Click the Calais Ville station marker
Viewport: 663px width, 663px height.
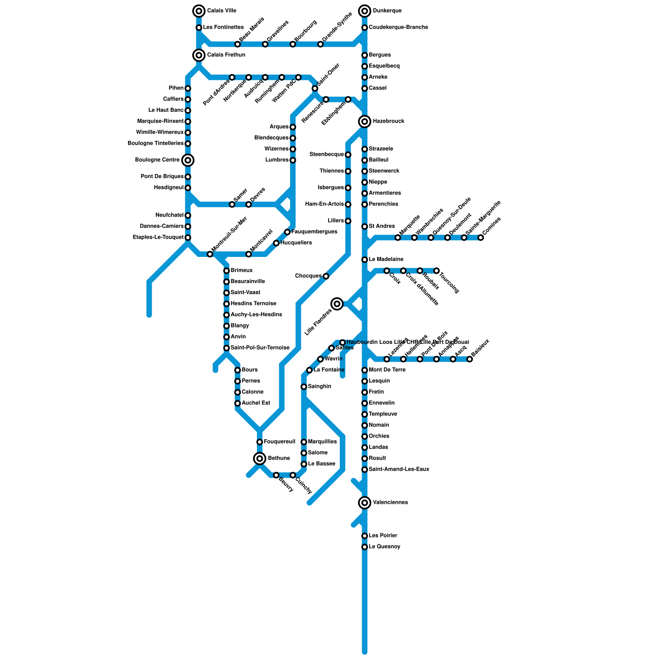(x=199, y=11)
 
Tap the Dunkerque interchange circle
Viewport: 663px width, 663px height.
(x=365, y=11)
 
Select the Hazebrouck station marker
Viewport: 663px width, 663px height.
(x=365, y=121)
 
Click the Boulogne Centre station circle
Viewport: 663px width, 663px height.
(x=188, y=160)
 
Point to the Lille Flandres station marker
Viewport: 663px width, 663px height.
(x=337, y=304)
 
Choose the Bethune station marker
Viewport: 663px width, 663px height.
(x=260, y=458)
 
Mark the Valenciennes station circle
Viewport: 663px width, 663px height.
(x=365, y=503)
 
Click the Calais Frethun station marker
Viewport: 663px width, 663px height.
(x=199, y=55)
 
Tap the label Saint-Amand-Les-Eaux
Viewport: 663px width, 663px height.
(x=399, y=469)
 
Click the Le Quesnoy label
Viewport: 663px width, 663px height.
(x=384, y=547)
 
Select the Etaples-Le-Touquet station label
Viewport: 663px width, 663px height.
(x=158, y=237)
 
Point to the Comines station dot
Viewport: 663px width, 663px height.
(x=481, y=237)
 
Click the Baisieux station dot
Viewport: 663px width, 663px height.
(x=469, y=359)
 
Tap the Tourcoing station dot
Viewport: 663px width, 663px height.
(x=436, y=271)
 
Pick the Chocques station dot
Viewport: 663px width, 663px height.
(x=326, y=276)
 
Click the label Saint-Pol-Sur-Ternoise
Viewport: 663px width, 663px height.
(x=259, y=348)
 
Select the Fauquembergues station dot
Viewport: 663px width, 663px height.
(x=287, y=232)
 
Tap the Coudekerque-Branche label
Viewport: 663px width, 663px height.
(x=398, y=27)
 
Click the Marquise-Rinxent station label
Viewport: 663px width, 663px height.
(x=160, y=121)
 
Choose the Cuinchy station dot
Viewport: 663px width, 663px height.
(x=293, y=475)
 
